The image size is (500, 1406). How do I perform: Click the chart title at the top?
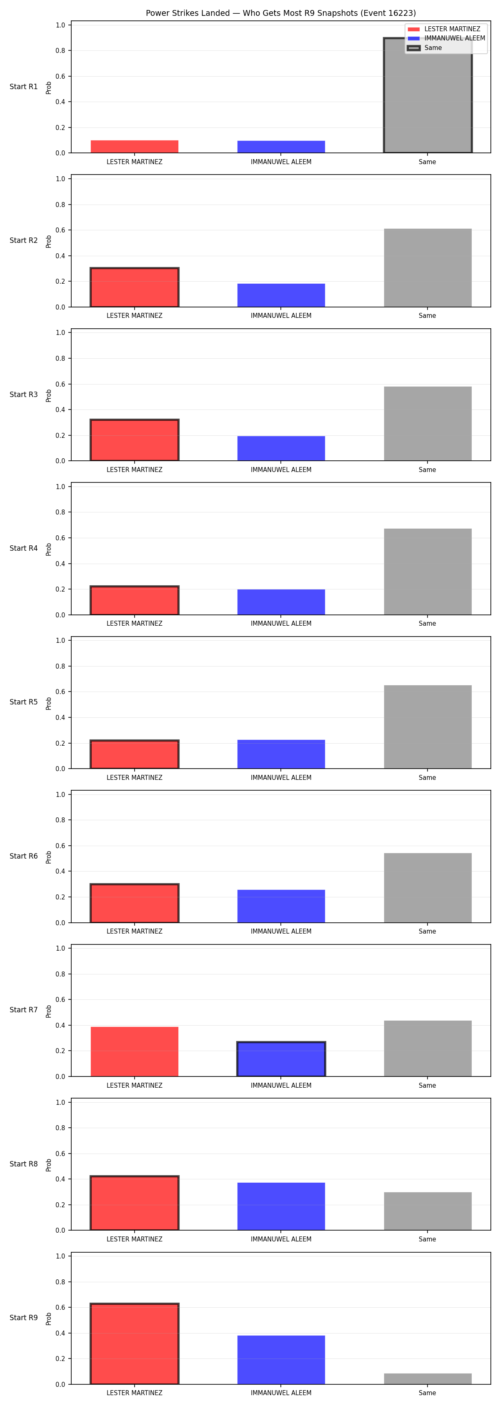pyautogui.click(x=280, y=13)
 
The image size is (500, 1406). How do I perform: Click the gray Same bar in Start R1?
pyautogui.click(x=427, y=95)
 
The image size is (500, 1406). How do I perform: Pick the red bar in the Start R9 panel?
pyautogui.click(x=134, y=1344)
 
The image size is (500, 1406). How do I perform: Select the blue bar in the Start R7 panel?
pyautogui.click(x=281, y=1059)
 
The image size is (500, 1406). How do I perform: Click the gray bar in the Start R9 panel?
pyautogui.click(x=427, y=1379)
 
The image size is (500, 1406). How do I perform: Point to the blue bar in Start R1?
pyautogui.click(x=281, y=147)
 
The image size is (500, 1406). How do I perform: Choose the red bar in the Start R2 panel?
pyautogui.click(x=134, y=287)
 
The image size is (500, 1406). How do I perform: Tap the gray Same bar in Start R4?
pyautogui.click(x=427, y=572)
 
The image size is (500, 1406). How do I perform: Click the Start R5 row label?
pyautogui.click(x=23, y=702)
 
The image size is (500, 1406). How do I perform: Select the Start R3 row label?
pyautogui.click(x=23, y=394)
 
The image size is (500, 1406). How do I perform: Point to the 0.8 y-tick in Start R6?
pyautogui.click(x=60, y=820)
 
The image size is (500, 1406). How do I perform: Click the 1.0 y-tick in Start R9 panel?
pyautogui.click(x=60, y=1256)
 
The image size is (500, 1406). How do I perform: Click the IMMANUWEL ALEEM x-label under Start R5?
pyautogui.click(x=281, y=777)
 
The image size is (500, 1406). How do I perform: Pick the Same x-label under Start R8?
pyautogui.click(x=427, y=1239)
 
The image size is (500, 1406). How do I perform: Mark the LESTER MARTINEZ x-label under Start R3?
pyautogui.click(x=134, y=469)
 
